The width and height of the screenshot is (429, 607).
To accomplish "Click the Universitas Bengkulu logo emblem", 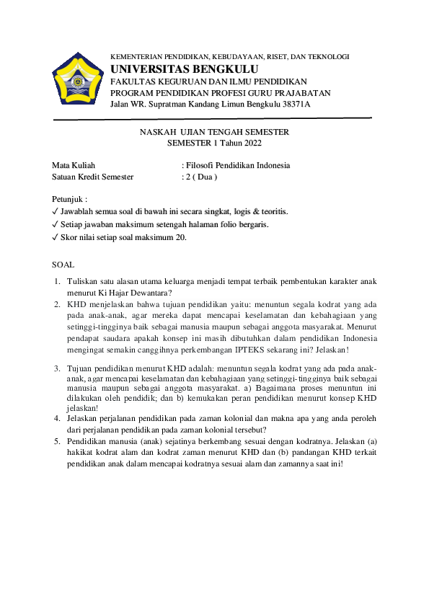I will pos(76,82).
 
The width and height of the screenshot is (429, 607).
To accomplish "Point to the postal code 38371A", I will pos(295,104).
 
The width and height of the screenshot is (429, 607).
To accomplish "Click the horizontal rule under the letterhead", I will pos(213,118).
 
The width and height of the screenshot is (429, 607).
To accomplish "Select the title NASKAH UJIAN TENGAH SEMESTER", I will pos(214,132).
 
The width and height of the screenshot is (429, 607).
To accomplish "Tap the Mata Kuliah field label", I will pos(74,165).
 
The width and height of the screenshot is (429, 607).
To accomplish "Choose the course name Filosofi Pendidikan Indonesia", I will pos(238,165).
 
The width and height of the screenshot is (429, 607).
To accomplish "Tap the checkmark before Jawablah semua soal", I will pos(56,211).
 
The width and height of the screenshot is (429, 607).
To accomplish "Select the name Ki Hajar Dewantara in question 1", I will pos(130,293).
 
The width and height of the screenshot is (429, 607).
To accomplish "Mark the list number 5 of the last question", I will pos(56,440).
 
